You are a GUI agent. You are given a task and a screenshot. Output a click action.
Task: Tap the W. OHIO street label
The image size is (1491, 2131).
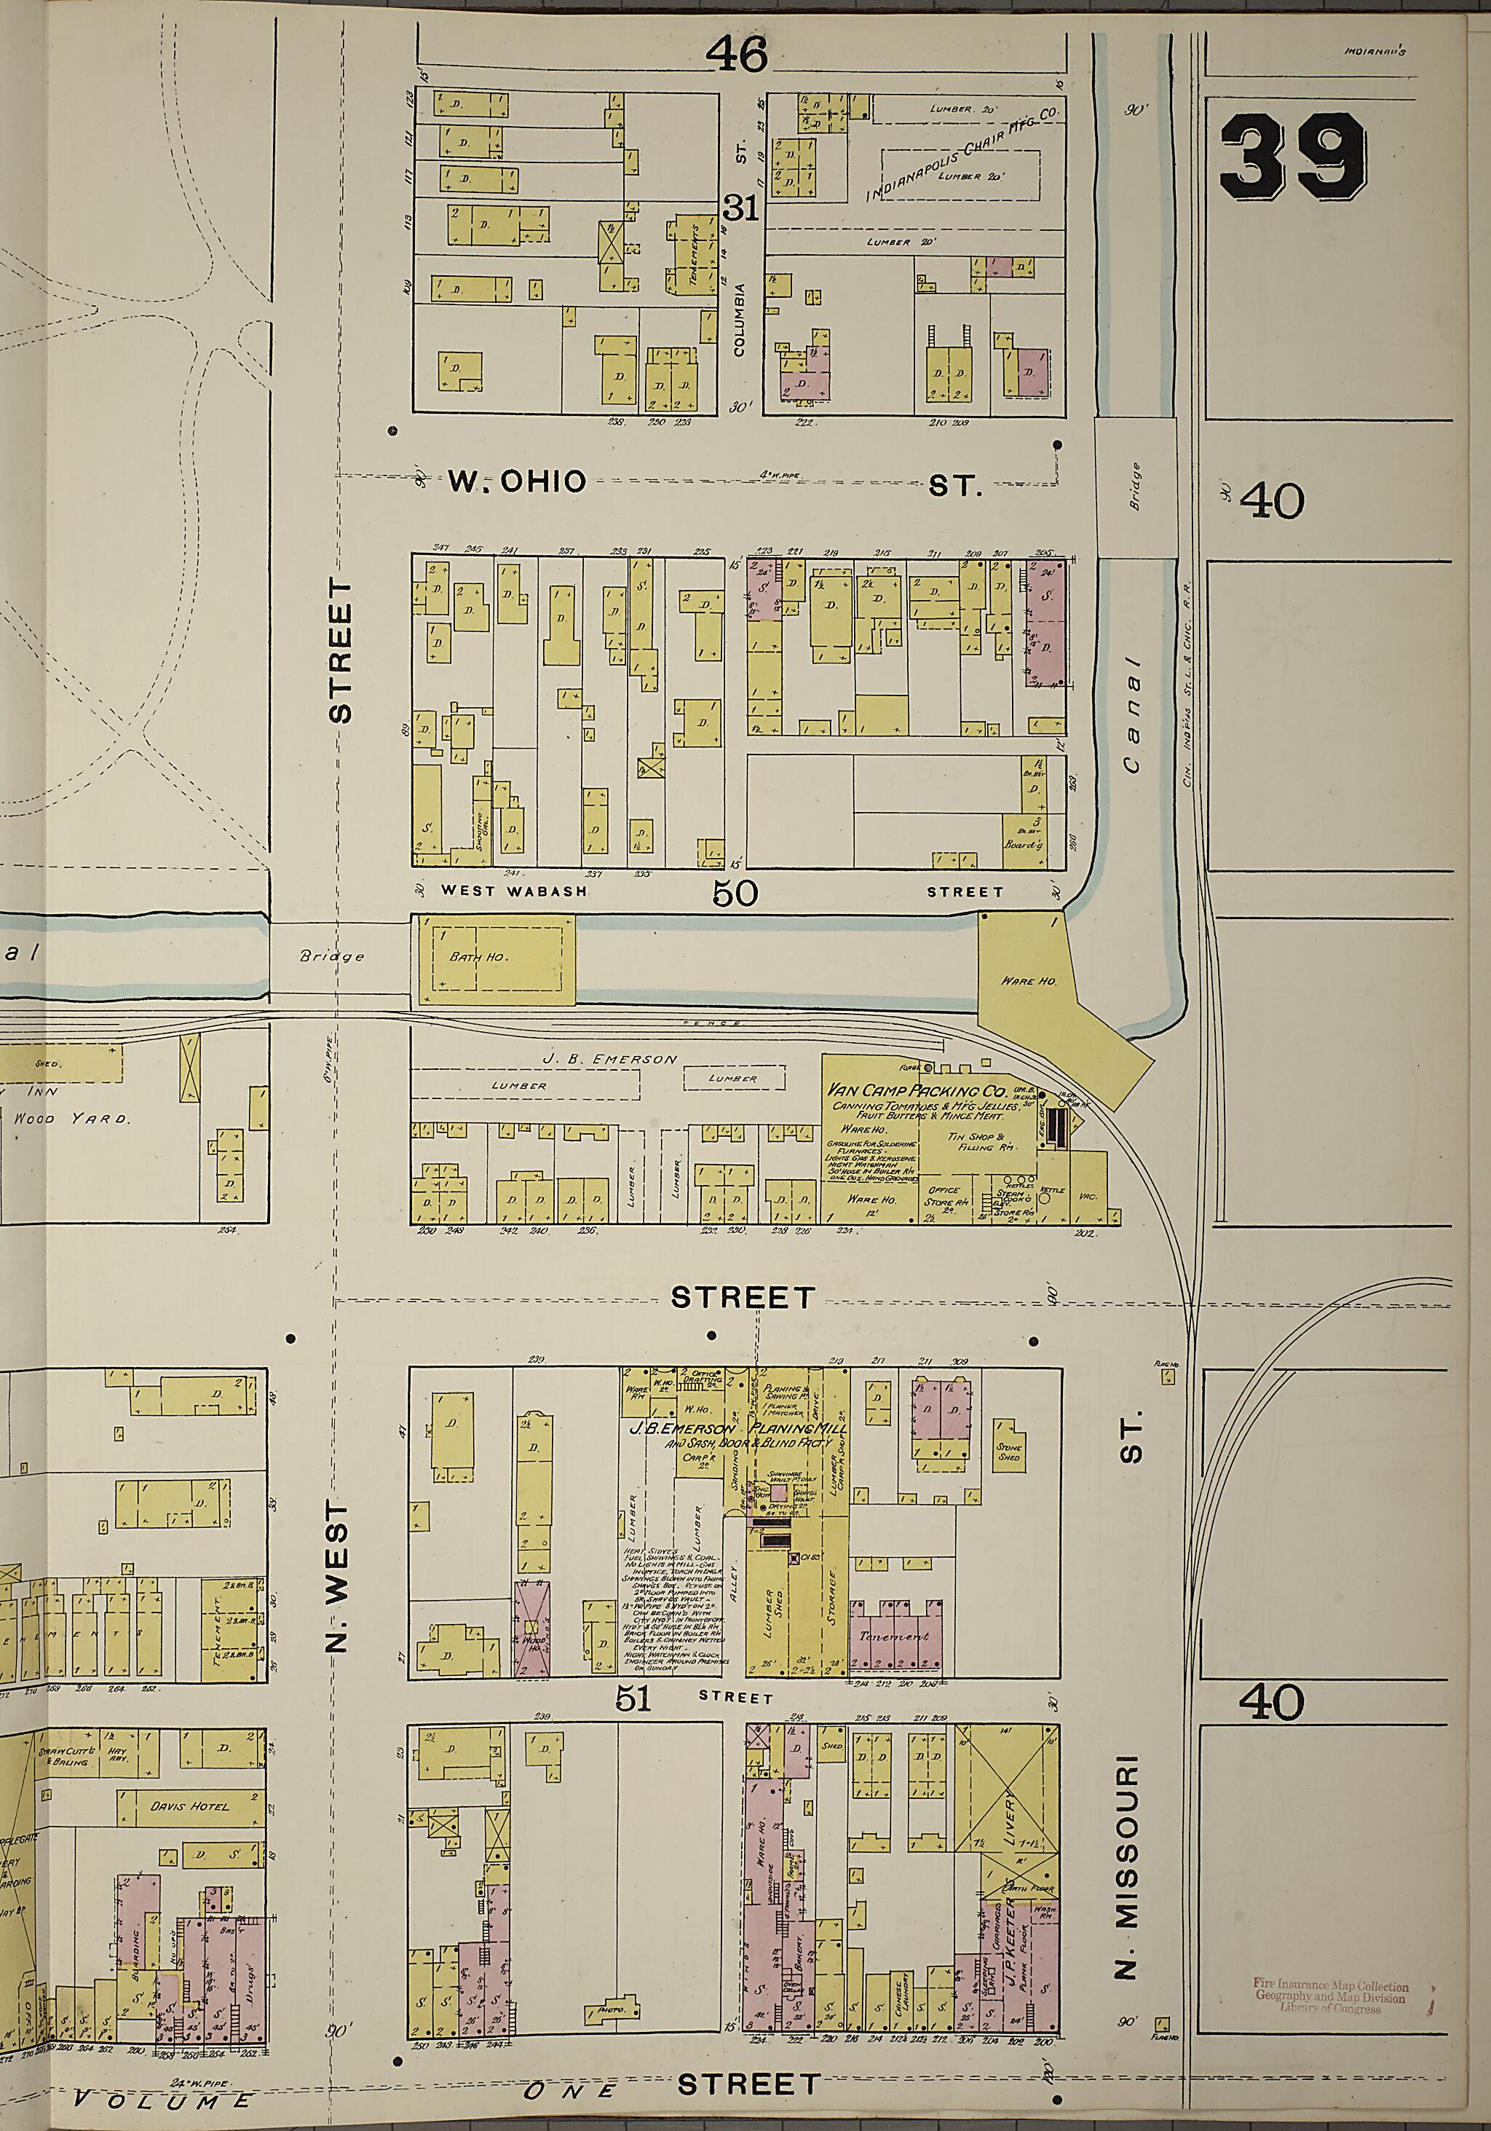[x=518, y=481]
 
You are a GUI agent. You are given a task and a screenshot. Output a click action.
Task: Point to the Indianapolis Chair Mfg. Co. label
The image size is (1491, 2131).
[x=965, y=155]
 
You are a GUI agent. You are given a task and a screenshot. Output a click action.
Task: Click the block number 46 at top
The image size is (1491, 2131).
[x=737, y=55]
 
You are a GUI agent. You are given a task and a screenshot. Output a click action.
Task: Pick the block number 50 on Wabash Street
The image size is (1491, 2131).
[x=736, y=893]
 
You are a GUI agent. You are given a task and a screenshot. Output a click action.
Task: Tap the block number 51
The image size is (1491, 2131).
[x=636, y=1698]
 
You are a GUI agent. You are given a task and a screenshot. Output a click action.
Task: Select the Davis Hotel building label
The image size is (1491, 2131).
[x=190, y=1807]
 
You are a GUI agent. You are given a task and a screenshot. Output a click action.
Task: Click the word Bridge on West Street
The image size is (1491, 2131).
[x=332, y=957]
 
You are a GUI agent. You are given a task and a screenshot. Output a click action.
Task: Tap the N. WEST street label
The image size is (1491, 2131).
[x=339, y=1577]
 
